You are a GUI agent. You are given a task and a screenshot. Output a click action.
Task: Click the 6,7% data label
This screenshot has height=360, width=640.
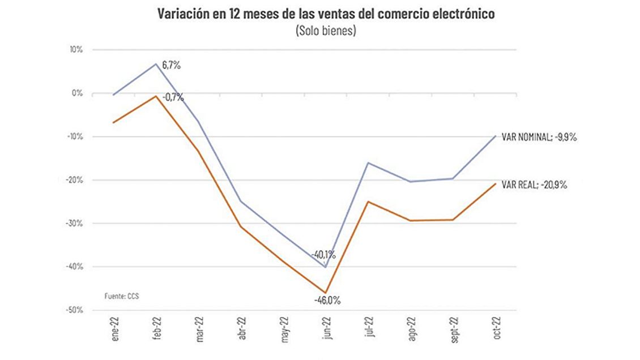click(171, 66)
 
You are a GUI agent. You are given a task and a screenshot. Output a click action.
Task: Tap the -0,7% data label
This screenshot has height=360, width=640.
click(173, 97)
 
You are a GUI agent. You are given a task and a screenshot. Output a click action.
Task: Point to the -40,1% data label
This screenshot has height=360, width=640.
click(323, 254)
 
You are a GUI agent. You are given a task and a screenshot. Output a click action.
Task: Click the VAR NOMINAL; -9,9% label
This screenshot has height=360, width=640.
click(539, 137)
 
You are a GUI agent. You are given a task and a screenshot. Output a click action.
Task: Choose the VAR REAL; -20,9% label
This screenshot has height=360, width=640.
click(534, 185)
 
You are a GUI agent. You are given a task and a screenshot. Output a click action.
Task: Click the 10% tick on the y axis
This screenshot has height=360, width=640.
click(76, 50)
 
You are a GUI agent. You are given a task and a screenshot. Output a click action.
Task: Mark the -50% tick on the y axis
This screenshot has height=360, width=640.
click(74, 310)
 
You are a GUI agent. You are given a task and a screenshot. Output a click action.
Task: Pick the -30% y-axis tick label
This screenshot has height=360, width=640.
click(74, 223)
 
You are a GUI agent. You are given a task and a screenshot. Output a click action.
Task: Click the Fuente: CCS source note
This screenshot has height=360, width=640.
click(121, 296)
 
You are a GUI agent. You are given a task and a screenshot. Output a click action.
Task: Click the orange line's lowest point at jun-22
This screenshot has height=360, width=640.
click(326, 293)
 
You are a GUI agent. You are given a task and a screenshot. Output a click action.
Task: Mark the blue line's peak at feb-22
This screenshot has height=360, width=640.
click(156, 64)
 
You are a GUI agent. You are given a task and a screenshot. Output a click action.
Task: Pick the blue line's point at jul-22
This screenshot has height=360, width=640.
click(368, 163)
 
